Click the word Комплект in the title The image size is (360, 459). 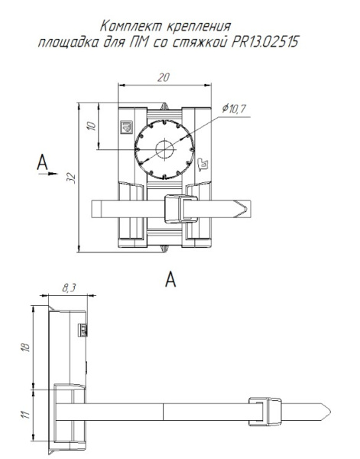131,26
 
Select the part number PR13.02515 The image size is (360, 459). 265,42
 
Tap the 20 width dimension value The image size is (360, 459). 163,77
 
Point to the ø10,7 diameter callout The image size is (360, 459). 234,109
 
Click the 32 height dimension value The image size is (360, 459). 72,178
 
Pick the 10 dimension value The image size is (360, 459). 92,126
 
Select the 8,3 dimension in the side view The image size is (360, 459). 69,288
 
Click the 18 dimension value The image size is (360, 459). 26,347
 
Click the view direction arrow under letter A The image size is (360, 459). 48,174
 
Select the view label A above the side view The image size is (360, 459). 170,279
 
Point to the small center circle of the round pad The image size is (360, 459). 164,149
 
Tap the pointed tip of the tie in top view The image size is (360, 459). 247,209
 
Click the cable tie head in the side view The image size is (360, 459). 265,412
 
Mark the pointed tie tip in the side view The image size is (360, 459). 330,412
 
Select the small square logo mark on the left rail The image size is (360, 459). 127,127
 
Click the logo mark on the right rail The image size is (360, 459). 203,164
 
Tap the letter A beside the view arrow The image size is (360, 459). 42,162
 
